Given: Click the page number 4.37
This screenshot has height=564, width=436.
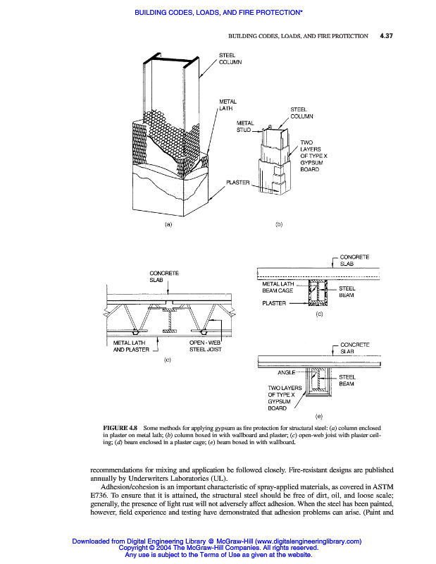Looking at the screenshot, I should [385, 35].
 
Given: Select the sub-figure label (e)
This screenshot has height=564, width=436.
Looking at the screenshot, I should [319, 418].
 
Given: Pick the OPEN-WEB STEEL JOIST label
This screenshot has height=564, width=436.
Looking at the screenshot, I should [207, 346].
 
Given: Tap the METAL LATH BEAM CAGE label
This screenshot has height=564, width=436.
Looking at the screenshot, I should [279, 287].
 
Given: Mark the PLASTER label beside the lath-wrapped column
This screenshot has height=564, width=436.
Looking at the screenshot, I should [238, 182].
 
